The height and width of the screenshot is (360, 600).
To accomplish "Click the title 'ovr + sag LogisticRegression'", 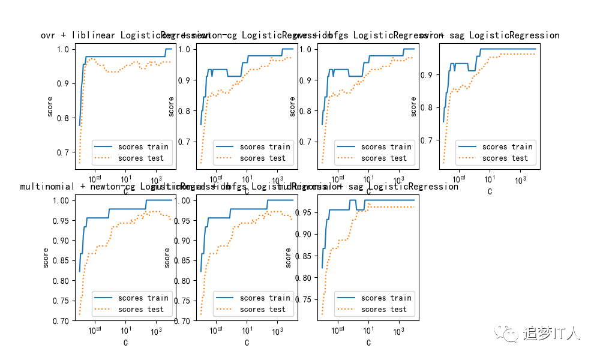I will pos(490,35).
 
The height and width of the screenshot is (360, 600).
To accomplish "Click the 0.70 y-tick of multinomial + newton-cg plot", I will pos(60,321).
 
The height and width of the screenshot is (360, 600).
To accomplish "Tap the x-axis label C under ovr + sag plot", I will pos(490,192).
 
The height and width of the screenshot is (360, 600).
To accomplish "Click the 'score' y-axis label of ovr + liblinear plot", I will pos(50,106).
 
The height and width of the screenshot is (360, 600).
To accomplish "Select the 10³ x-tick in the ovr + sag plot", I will pos(520,179).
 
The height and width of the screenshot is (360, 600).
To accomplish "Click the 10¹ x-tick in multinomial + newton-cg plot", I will pos(126,331).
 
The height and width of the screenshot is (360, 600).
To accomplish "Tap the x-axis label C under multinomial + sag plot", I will pos(368,343).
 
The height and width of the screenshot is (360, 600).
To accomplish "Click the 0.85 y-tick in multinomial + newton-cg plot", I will pos(60,260).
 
